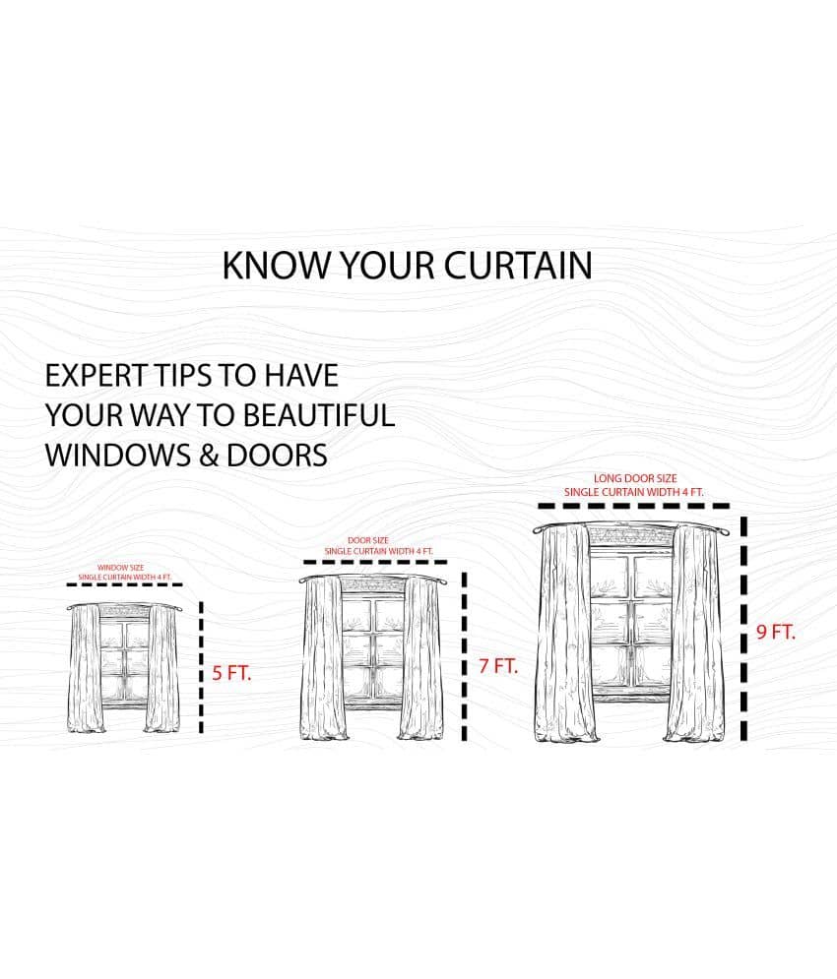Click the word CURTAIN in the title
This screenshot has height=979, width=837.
(x=518, y=266)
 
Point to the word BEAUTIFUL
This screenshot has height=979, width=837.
(x=318, y=415)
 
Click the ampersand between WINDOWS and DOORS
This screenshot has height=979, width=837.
(x=210, y=456)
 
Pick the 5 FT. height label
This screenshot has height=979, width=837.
(x=231, y=673)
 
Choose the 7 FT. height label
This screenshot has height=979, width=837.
(x=498, y=666)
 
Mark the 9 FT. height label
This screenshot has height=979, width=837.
(x=776, y=632)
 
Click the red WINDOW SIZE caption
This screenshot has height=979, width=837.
(x=121, y=568)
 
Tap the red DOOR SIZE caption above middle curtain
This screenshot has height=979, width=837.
(x=368, y=540)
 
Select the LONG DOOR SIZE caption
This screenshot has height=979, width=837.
(x=635, y=478)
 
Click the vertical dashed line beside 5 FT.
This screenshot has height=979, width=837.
(x=201, y=667)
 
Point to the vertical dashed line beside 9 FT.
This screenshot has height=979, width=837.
(x=743, y=628)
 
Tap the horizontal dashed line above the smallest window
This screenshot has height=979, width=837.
(x=124, y=585)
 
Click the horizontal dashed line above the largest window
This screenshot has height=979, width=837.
(x=634, y=506)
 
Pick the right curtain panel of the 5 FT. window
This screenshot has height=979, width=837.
(x=161, y=668)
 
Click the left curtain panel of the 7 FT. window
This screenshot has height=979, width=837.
(x=323, y=658)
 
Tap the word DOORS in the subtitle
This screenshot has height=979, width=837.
(x=277, y=456)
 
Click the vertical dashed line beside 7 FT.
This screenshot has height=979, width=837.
(x=465, y=656)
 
